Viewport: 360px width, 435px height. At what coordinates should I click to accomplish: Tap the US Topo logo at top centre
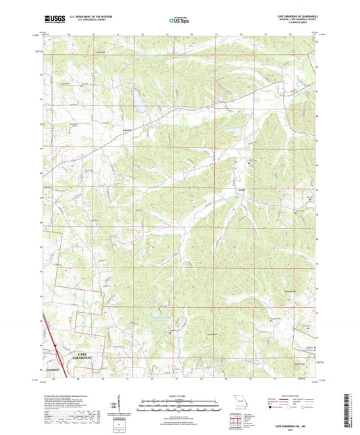[179, 21]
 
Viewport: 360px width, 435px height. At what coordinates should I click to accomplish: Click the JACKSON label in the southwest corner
[53, 370]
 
